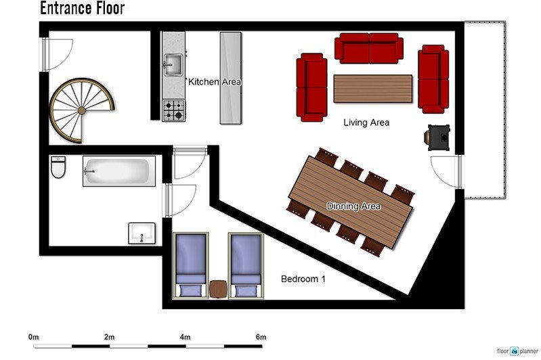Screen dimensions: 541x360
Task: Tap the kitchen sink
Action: click(173, 64)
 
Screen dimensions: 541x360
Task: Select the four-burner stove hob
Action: click(173, 110)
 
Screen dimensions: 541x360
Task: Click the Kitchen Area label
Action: click(214, 82)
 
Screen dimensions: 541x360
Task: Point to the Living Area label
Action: click(366, 122)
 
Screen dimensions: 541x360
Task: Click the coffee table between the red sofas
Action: click(373, 89)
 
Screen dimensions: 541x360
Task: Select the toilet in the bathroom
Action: click(58, 167)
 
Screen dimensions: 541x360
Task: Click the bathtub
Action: click(119, 171)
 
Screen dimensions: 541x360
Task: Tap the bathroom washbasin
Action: click(142, 233)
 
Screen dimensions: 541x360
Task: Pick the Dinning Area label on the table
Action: click(353, 206)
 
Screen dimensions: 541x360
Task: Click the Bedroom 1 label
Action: click(303, 279)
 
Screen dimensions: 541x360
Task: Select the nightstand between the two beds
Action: click(218, 289)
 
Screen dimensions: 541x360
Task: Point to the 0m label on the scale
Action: click(33, 337)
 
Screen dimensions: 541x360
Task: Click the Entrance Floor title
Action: click(82, 8)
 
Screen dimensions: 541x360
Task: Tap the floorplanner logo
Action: click(517, 351)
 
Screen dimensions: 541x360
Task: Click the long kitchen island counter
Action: click(231, 78)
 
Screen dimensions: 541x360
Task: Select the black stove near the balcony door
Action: click(437, 137)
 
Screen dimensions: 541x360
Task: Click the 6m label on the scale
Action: click(261, 337)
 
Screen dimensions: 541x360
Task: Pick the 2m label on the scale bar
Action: click(110, 337)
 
